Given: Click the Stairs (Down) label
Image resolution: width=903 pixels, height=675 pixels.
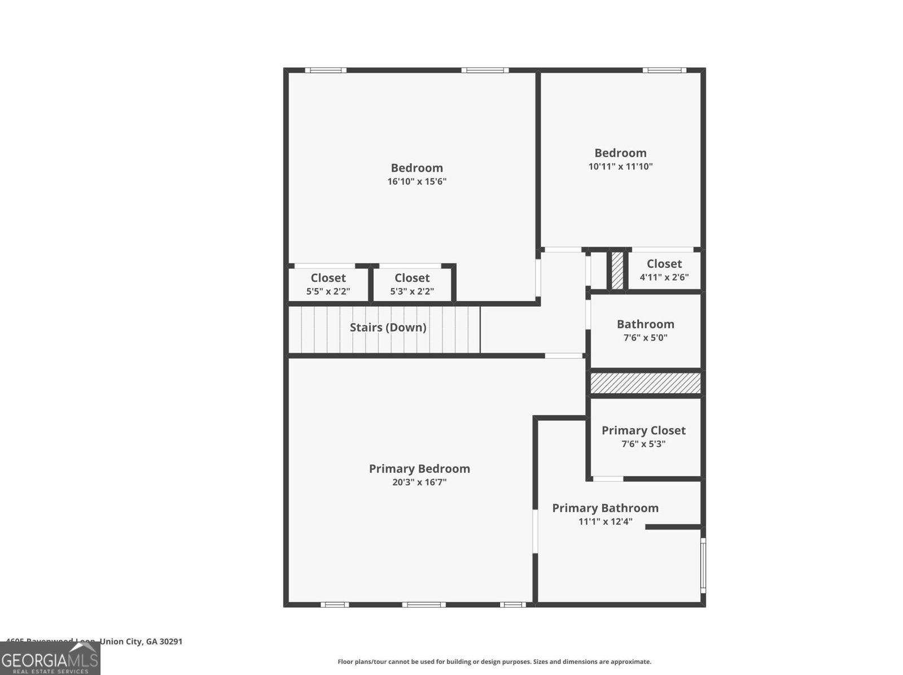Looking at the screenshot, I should [x=388, y=328].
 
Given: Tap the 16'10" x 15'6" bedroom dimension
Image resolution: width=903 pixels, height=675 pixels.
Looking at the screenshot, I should [x=417, y=181].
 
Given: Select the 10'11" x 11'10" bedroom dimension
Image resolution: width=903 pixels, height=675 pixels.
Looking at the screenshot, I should [x=620, y=167].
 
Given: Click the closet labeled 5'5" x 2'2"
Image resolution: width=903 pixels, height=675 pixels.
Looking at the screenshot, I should [x=328, y=284].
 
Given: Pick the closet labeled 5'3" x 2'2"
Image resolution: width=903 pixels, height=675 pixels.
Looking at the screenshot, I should [x=412, y=284].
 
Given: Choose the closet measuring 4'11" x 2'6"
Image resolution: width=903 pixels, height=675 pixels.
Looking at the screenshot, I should [x=664, y=270].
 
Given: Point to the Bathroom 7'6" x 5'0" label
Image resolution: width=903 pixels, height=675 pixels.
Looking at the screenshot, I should [x=645, y=330].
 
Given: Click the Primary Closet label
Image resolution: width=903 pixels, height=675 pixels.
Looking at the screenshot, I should [x=643, y=430].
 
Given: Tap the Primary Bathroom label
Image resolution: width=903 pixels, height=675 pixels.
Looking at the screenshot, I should [x=605, y=508].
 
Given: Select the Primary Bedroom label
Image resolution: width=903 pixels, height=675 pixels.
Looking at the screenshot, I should [x=419, y=469].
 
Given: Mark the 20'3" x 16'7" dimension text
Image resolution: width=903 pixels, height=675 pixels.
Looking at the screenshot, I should [x=419, y=482].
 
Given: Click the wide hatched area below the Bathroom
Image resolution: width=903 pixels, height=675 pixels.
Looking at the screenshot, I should [x=645, y=383].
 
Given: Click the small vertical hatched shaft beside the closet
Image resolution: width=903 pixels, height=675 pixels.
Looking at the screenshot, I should [x=617, y=271].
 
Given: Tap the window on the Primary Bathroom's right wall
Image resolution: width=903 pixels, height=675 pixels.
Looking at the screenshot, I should [x=703, y=564].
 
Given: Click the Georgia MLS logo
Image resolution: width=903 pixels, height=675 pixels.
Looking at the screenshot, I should [x=50, y=659].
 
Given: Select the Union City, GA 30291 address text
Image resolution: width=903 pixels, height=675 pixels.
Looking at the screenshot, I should [x=141, y=642].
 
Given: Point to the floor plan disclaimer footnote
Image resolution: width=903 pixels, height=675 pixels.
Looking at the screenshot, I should [x=494, y=661].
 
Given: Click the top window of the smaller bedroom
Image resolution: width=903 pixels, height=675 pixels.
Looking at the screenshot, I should [x=664, y=71].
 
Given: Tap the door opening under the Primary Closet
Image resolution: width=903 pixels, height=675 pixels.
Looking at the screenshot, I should [x=608, y=479].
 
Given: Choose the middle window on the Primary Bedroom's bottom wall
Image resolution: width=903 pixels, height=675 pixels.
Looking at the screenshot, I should [x=423, y=604].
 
